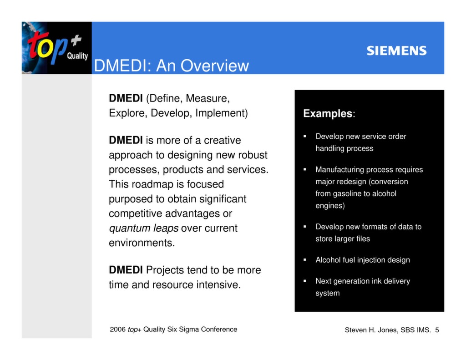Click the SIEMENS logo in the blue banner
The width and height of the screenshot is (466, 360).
[396, 51]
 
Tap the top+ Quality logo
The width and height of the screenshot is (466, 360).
[56, 48]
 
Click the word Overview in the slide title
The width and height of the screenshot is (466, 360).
[214, 66]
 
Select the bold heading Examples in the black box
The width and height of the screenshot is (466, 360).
[328, 113]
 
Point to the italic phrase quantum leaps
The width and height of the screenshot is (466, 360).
[143, 228]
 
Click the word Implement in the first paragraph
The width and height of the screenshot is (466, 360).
[221, 113]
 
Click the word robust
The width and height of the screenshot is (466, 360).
[252, 155]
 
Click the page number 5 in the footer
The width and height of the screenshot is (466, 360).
[437, 330]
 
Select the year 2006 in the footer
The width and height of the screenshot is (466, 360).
[117, 329]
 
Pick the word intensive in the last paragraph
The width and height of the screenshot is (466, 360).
[218, 285]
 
